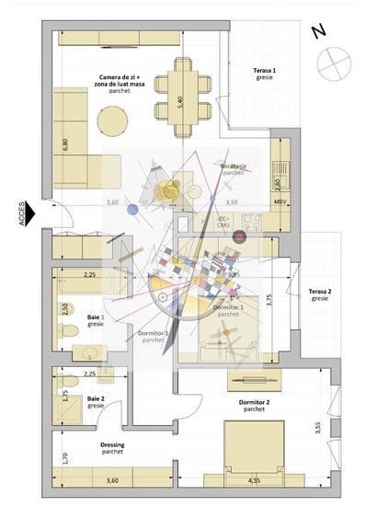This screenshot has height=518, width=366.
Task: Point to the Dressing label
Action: [x=112, y=448]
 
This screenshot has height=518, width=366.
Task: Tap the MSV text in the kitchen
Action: [x=280, y=201]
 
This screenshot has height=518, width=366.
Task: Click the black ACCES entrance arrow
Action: [x=29, y=213]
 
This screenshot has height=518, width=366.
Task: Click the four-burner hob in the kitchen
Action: [x=252, y=223]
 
